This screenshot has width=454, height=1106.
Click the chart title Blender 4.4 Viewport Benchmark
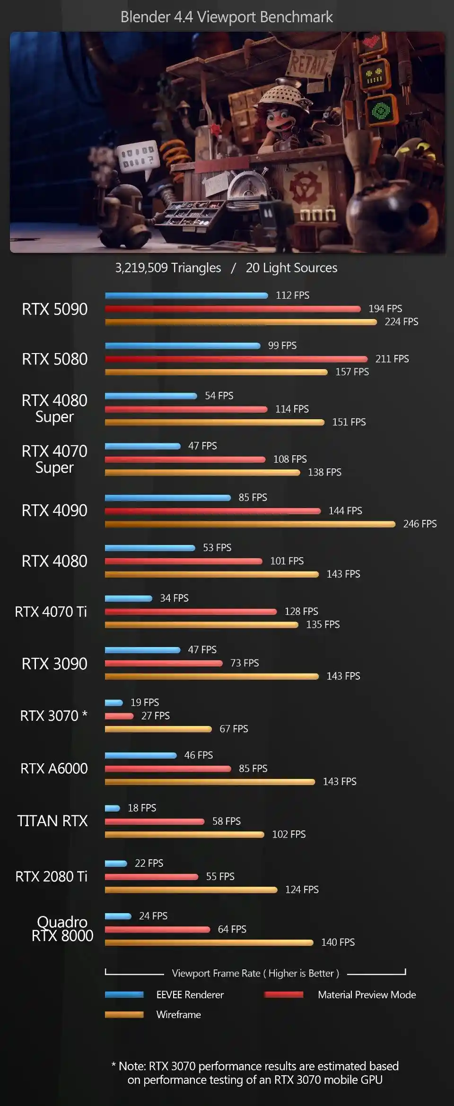(x=227, y=17)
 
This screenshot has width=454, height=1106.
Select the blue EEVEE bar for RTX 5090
(x=186, y=296)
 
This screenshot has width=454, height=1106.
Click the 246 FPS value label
(x=419, y=524)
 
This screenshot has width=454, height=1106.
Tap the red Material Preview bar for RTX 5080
(x=236, y=359)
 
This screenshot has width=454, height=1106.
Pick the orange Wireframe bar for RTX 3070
(x=158, y=729)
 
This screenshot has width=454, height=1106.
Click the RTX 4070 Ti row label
(x=51, y=612)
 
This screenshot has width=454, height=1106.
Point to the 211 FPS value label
(x=392, y=359)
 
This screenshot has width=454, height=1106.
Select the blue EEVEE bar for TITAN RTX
(x=113, y=808)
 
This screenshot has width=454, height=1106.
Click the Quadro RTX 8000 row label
(x=62, y=929)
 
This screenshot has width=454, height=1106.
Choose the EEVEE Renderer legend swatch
(x=124, y=994)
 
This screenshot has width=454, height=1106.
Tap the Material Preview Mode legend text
(x=367, y=994)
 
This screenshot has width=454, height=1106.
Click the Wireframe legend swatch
(x=124, y=1014)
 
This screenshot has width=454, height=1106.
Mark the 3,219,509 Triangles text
(x=168, y=268)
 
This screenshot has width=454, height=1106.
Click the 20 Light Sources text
(x=291, y=268)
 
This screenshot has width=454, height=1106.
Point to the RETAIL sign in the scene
(x=308, y=64)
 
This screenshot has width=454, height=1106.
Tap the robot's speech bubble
(x=138, y=157)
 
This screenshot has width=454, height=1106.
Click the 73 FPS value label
(x=244, y=663)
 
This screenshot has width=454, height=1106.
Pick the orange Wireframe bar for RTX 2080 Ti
(x=191, y=890)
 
